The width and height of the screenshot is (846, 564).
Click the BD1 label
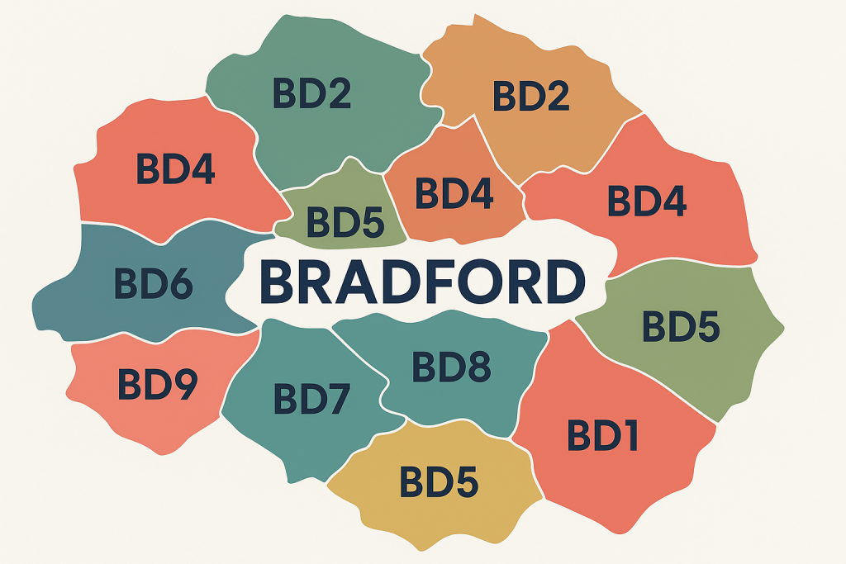(x=604, y=434)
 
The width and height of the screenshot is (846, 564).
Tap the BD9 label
(x=157, y=383)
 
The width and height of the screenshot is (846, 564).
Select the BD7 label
(x=313, y=399)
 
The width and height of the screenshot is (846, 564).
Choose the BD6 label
(x=154, y=283)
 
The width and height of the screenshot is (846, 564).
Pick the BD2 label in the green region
(x=312, y=93)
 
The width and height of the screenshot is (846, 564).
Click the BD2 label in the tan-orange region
(x=531, y=97)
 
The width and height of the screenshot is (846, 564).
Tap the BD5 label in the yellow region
(x=439, y=482)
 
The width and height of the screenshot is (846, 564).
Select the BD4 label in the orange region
(x=454, y=192)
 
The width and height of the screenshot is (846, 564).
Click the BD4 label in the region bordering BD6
(x=176, y=168)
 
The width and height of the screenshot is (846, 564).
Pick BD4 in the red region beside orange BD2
(x=647, y=201)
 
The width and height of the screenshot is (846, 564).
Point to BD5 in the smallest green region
(x=345, y=221)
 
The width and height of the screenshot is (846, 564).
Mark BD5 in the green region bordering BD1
(x=682, y=327)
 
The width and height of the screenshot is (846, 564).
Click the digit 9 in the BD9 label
(x=184, y=383)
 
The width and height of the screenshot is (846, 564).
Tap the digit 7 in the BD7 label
(x=340, y=399)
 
